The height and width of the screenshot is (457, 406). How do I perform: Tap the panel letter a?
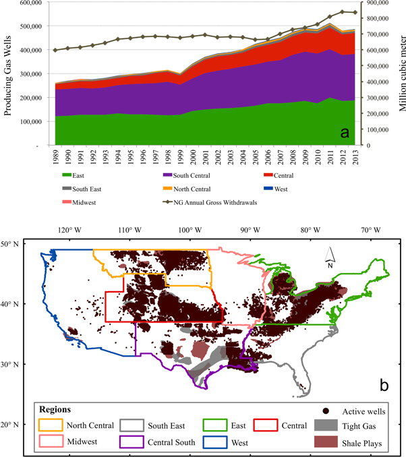(344, 132)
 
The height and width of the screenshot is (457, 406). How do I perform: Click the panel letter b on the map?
(383, 385)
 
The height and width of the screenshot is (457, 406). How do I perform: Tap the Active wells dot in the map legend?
(327, 411)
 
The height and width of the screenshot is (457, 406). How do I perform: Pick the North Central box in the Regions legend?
(49, 425)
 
